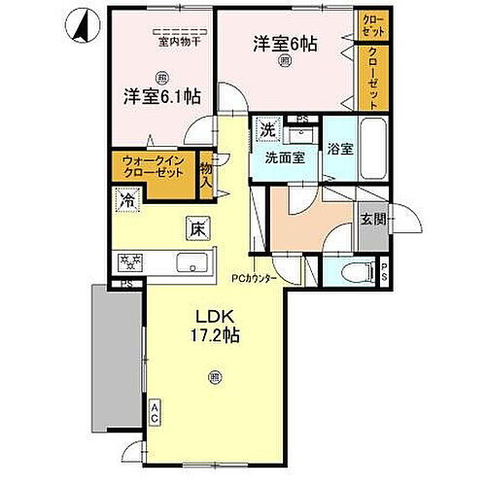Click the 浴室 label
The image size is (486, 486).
pyautogui.click(x=339, y=151)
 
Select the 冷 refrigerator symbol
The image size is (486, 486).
pyautogui.click(x=127, y=201)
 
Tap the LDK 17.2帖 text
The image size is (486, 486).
pyautogui.click(x=216, y=327)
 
